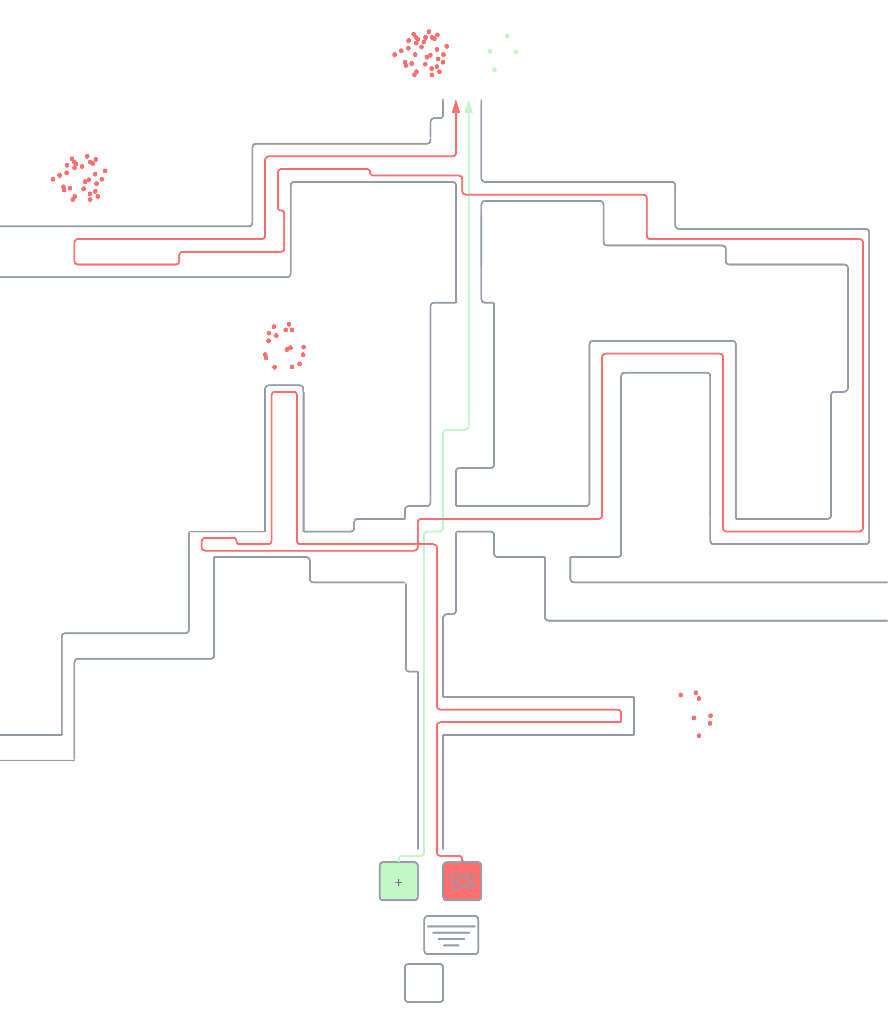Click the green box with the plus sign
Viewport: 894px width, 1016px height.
click(x=398, y=881)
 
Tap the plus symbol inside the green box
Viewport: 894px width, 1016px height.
click(x=398, y=882)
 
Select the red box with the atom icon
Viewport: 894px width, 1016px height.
click(x=462, y=881)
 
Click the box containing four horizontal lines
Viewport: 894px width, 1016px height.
click(x=451, y=935)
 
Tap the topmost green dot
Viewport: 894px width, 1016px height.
click(x=507, y=36)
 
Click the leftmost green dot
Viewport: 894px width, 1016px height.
click(x=490, y=51)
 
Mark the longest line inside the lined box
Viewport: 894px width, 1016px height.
click(x=451, y=926)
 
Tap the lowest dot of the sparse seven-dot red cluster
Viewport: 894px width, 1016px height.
click(x=699, y=736)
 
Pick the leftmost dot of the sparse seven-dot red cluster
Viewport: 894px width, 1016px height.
click(x=681, y=695)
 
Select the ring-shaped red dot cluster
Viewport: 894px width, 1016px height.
click(x=285, y=347)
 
